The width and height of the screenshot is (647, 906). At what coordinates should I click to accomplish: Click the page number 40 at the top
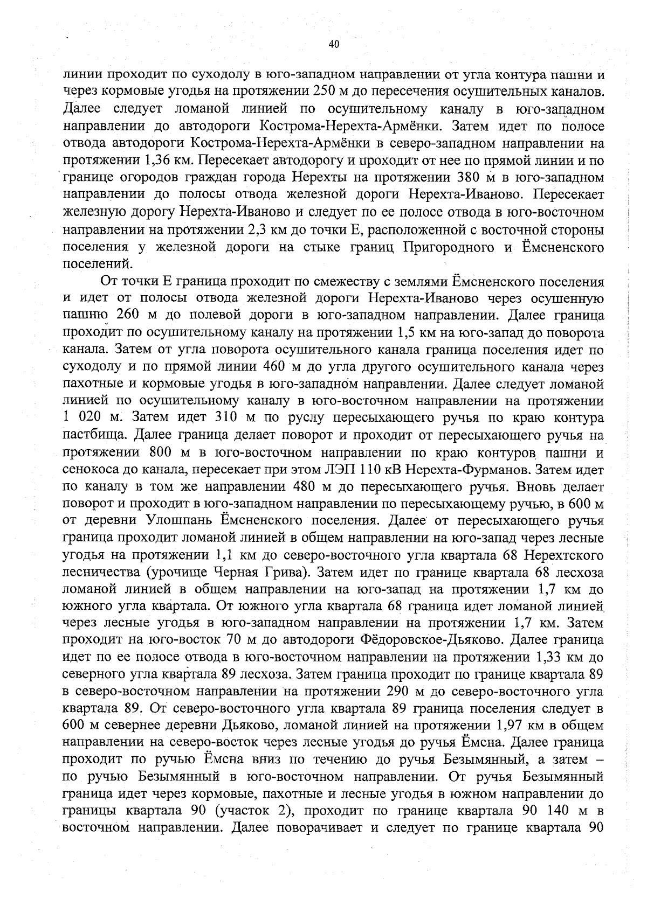point(334,45)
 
